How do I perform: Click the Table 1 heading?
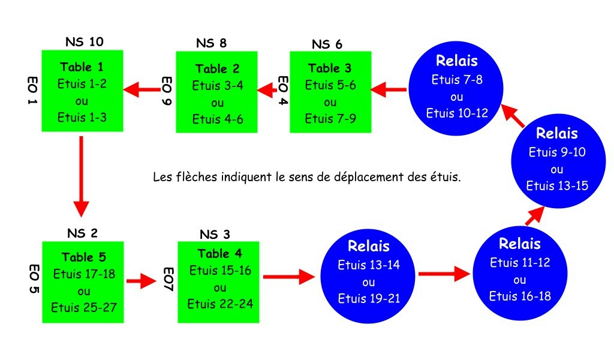coord(82,67)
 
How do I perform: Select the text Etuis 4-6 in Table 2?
coord(217,119)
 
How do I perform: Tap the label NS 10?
coord(84,41)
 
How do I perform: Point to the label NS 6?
coord(327,44)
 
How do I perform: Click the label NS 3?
coord(214,234)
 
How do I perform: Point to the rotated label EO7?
coord(168,279)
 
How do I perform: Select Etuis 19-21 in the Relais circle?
coord(369,299)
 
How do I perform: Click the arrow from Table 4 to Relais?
coord(289,277)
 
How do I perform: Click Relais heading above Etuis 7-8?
coord(458,61)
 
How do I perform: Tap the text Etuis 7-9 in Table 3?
coord(330,119)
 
